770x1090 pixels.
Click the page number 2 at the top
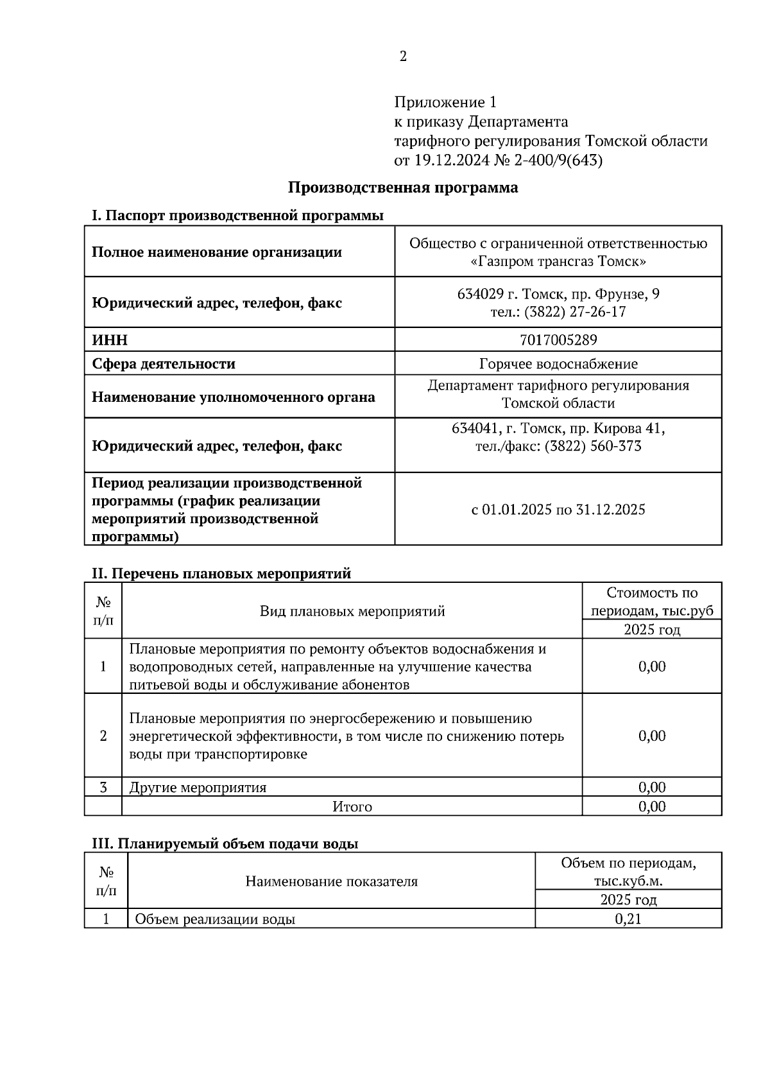pyautogui.click(x=403, y=57)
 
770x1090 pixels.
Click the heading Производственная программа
pyautogui.click(x=402, y=187)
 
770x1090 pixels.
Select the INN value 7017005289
pyautogui.click(x=558, y=340)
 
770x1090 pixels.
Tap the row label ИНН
pyautogui.click(x=110, y=340)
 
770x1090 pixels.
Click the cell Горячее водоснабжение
pyautogui.click(x=558, y=364)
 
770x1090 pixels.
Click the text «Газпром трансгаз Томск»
pyautogui.click(x=558, y=262)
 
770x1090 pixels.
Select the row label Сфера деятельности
pyautogui.click(x=164, y=364)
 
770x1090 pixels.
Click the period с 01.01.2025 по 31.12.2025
pyautogui.click(x=558, y=510)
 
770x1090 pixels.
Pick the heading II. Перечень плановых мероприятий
pyautogui.click(x=221, y=573)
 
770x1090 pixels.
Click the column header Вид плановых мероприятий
pyautogui.click(x=352, y=610)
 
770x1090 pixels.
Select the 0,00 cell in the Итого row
pyautogui.click(x=651, y=806)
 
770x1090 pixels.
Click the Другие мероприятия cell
pyautogui.click(x=198, y=787)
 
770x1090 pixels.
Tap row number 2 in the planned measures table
pyautogui.click(x=103, y=736)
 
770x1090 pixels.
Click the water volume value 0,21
pyautogui.click(x=628, y=919)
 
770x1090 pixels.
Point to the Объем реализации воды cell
pyautogui.click(x=215, y=919)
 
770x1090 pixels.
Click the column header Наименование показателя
pyautogui.click(x=331, y=881)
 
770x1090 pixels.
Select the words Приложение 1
pyautogui.click(x=445, y=102)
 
